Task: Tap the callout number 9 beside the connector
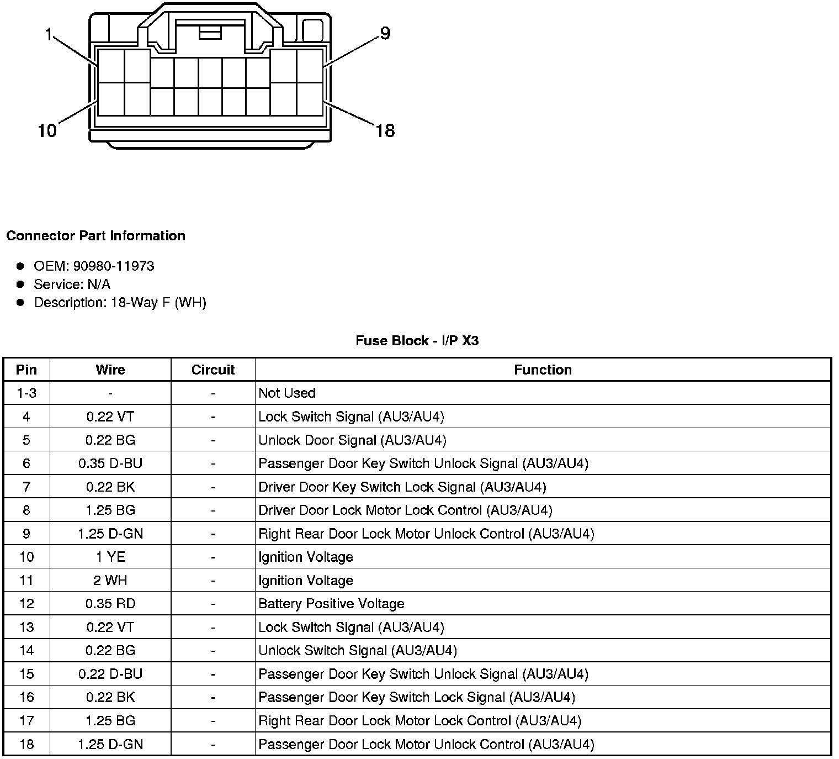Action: coord(385,34)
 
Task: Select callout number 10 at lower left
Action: coord(47,131)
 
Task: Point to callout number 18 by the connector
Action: coord(385,131)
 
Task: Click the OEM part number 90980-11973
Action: coord(114,266)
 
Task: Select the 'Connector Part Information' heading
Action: coord(95,236)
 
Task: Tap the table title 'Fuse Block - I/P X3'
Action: coord(417,341)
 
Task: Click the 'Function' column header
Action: coord(543,370)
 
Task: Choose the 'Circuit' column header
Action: coord(213,370)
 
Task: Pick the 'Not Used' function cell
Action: coord(287,393)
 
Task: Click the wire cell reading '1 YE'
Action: coord(110,557)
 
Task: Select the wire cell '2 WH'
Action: coord(110,580)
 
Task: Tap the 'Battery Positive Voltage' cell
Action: coord(331,604)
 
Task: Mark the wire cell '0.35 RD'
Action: coord(110,604)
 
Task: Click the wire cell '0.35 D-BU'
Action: coord(110,463)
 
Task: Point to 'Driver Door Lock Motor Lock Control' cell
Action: coord(405,510)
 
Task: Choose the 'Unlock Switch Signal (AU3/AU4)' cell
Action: coord(358,651)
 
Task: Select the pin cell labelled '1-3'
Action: coord(26,393)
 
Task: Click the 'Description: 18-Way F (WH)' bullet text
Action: coord(120,303)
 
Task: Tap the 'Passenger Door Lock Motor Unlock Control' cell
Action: coord(426,744)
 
